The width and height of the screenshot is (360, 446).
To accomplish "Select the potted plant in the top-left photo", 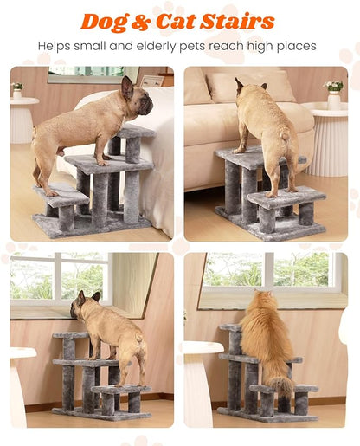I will pos(17,89).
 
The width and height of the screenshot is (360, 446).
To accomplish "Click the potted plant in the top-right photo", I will pos(333,89).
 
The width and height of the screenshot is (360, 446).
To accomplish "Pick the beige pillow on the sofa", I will pos(251,87).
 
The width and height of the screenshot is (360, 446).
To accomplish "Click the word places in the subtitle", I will pos(295,45).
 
